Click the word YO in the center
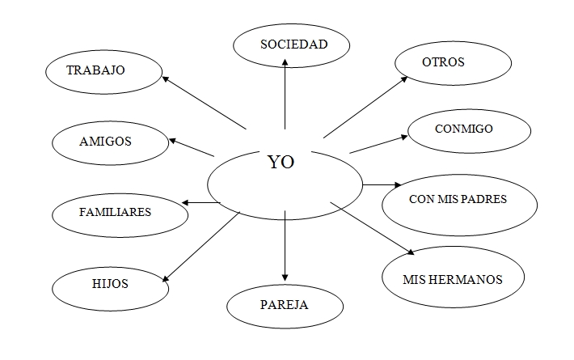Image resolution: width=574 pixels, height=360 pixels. click(x=281, y=162)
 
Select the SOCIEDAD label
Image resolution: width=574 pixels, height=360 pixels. click(x=293, y=44)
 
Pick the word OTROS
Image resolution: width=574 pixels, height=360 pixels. click(x=443, y=61)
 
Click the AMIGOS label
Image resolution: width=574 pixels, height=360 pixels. click(x=105, y=141)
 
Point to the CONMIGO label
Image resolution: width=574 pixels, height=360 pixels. click(x=463, y=128)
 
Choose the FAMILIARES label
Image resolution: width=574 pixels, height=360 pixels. click(x=115, y=212)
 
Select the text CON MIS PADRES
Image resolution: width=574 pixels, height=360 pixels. click(x=458, y=199)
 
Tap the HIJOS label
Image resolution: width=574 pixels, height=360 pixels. click(x=105, y=284)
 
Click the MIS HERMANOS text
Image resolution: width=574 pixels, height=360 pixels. click(x=452, y=280)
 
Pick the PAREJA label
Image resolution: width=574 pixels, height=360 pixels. click(x=285, y=305)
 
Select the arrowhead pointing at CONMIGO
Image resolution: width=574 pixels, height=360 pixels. click(x=403, y=138)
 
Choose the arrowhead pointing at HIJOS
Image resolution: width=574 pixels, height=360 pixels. click(x=166, y=277)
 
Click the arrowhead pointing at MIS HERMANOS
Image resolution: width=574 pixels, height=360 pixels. click(x=411, y=251)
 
